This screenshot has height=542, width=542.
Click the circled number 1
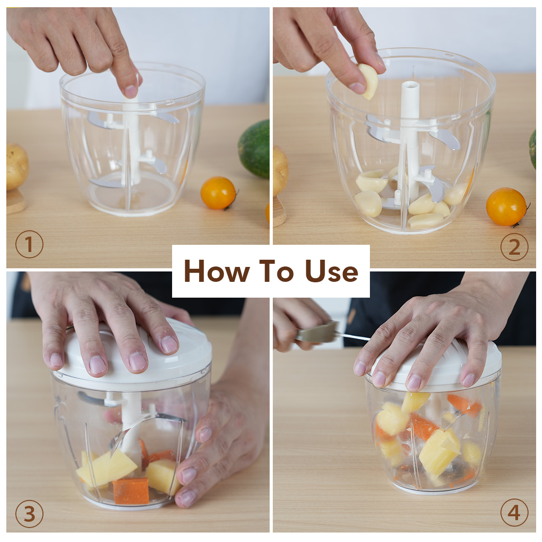[x=29, y=244]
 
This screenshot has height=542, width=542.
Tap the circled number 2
[x=514, y=247]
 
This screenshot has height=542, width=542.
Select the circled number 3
[x=29, y=514]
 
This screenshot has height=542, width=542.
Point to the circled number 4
[x=514, y=513]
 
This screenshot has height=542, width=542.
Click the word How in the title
[x=217, y=271]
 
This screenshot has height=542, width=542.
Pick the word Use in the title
[x=332, y=271]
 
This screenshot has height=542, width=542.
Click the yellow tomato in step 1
[x=218, y=193]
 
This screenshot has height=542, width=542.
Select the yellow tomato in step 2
[x=506, y=207]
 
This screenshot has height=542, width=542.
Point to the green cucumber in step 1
[x=255, y=149]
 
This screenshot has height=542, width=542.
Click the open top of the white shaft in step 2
[x=410, y=84]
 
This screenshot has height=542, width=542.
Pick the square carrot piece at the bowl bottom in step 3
[x=131, y=491]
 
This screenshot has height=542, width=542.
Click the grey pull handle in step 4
[x=317, y=333]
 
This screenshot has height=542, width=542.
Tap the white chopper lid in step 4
[x=436, y=366]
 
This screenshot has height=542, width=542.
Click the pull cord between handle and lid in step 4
[x=353, y=336]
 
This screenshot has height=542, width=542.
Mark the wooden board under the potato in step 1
[x=15, y=201]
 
